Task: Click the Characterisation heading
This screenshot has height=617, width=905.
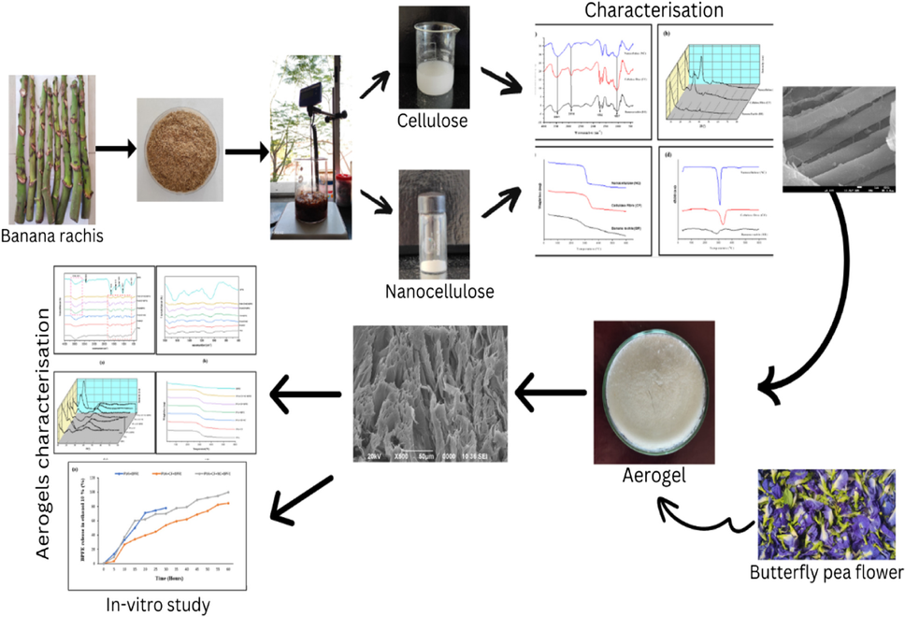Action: coord(655,11)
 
